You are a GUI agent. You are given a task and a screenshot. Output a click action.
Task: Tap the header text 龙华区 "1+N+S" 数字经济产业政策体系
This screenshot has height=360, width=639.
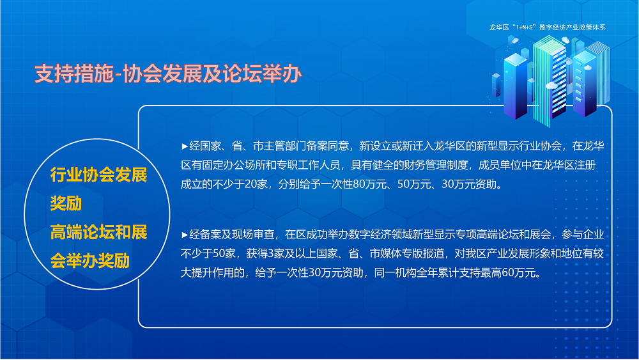(546, 27)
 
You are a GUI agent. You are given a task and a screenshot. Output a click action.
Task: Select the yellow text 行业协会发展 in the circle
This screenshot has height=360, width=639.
(99, 176)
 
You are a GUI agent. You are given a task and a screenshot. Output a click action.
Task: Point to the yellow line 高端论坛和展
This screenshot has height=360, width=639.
(99, 232)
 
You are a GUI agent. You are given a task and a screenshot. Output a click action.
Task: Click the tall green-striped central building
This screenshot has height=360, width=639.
(551, 80)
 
